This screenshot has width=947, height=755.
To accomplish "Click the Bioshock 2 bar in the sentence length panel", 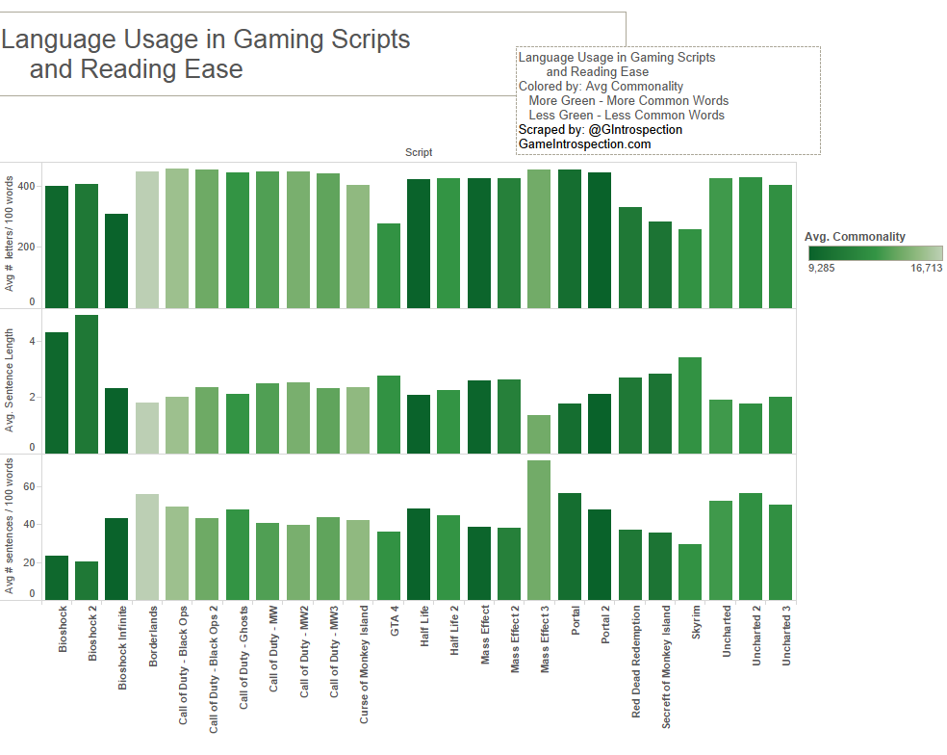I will pyautogui.click(x=87, y=383).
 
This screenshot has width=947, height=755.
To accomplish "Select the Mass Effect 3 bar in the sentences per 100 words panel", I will pyautogui.click(x=539, y=530).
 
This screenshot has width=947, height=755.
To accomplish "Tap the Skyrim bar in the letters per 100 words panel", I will pyautogui.click(x=690, y=269).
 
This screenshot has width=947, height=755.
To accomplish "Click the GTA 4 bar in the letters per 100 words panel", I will pyautogui.click(x=389, y=266).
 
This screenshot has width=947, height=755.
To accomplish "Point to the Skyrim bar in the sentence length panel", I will pyautogui.click(x=690, y=404).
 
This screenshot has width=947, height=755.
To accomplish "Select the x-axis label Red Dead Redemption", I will pyautogui.click(x=636, y=662).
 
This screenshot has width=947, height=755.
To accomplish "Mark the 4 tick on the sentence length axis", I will pyautogui.click(x=32, y=341).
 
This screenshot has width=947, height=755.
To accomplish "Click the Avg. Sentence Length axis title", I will pyautogui.click(x=11, y=380).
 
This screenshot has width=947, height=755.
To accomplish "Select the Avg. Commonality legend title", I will pyautogui.click(x=855, y=237).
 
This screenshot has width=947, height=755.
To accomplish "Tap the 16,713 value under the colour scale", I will pyautogui.click(x=926, y=269).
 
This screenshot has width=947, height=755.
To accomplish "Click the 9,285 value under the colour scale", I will pyautogui.click(x=821, y=269).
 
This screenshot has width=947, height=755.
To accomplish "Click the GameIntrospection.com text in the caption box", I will pyautogui.click(x=584, y=144).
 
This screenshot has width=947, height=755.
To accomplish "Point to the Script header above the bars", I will pyautogui.click(x=419, y=152).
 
